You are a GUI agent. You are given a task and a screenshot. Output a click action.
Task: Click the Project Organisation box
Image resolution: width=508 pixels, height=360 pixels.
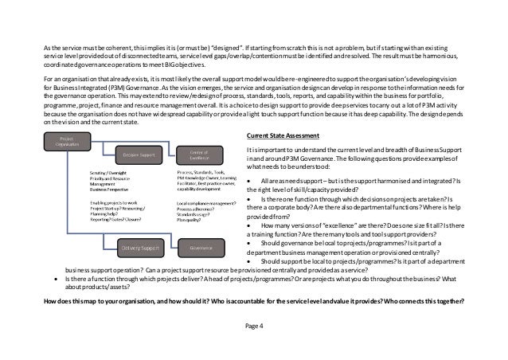tap(66, 142)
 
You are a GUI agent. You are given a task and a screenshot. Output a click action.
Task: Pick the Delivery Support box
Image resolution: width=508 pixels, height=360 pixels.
tap(138, 248)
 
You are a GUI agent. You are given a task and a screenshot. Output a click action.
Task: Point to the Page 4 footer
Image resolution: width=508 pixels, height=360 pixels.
tap(254, 327)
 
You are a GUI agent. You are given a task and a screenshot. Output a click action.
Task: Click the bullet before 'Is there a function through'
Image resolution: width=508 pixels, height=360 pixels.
tap(54, 279)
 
